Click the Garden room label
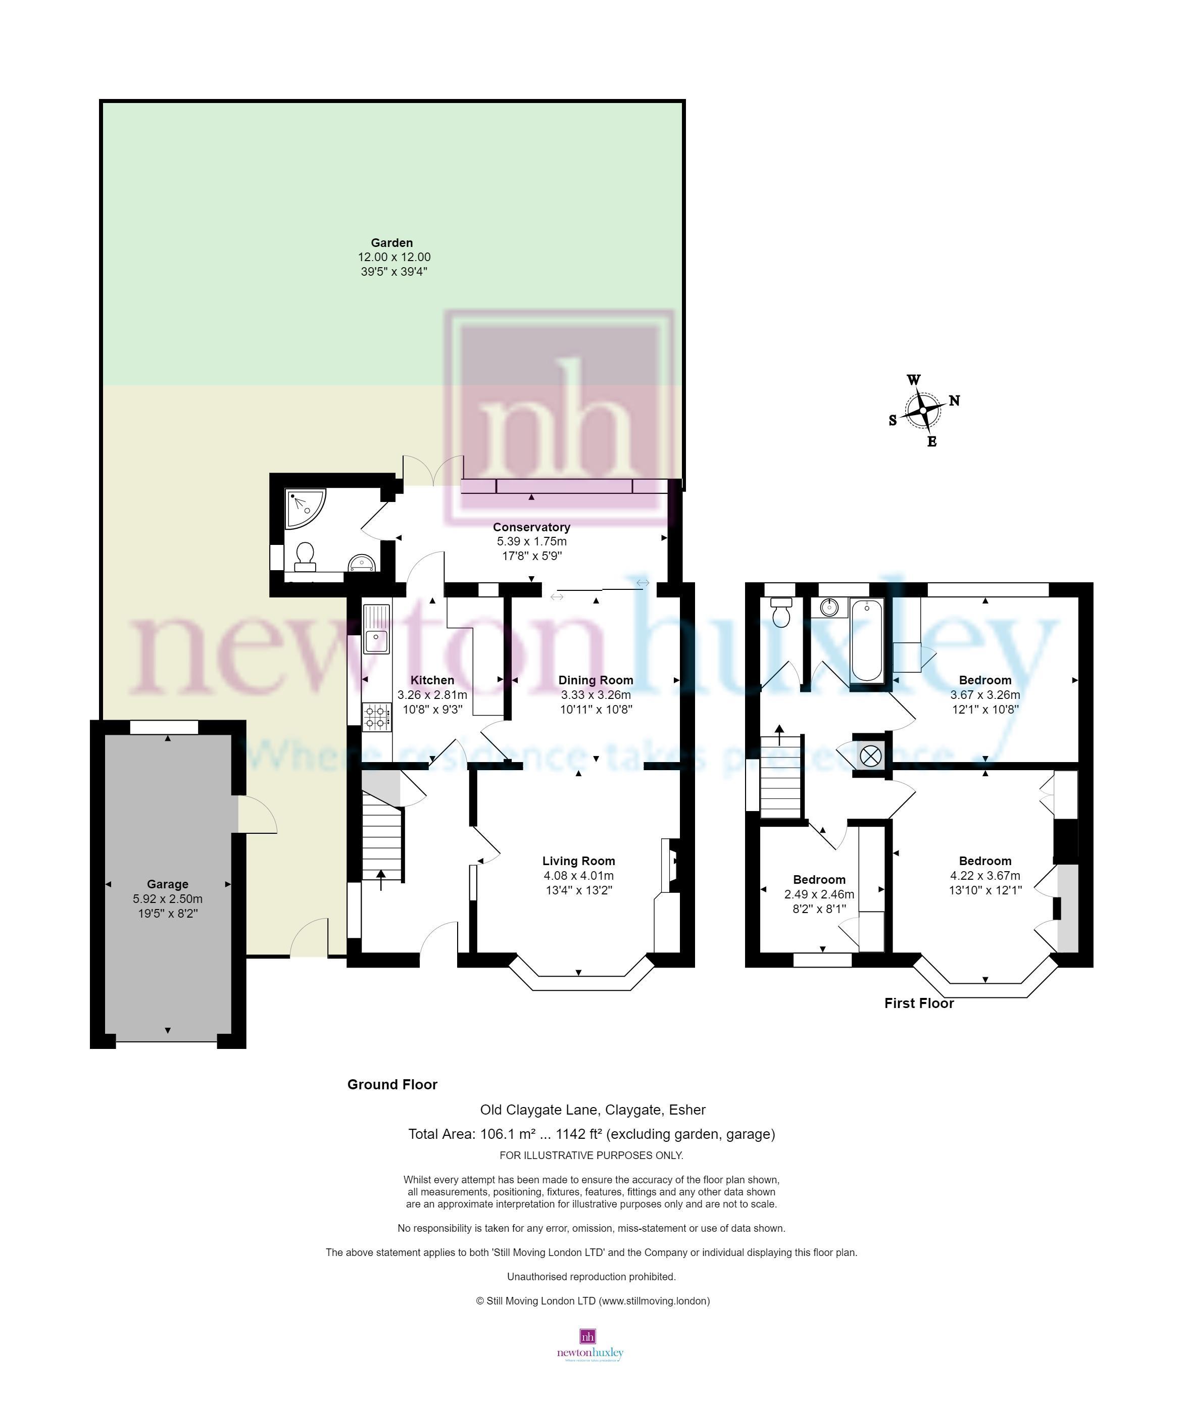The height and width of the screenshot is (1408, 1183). (x=391, y=243)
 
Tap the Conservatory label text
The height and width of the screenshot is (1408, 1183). (x=531, y=527)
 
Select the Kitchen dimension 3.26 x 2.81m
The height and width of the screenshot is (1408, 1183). (x=432, y=694)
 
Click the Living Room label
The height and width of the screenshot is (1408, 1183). (x=578, y=861)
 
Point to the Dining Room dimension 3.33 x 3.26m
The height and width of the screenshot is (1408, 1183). (x=596, y=694)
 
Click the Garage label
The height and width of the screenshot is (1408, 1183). (x=168, y=884)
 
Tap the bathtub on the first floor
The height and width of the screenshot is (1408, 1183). (x=866, y=640)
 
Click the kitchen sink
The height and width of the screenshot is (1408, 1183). (x=376, y=629)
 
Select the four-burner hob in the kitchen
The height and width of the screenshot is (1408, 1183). (x=376, y=716)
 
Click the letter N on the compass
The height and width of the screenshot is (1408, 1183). (x=954, y=400)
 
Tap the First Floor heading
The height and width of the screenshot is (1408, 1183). (x=919, y=1003)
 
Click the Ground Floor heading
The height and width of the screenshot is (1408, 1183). (x=392, y=1084)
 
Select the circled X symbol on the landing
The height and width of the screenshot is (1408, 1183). (x=870, y=757)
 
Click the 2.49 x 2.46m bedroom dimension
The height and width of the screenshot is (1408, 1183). (x=819, y=894)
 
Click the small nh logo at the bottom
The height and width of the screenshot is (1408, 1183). (x=587, y=1336)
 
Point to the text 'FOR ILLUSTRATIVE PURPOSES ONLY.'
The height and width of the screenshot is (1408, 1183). (x=591, y=1155)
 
